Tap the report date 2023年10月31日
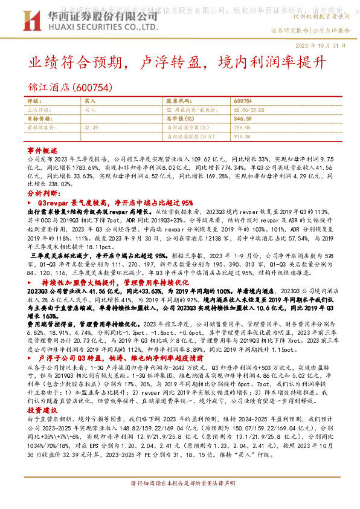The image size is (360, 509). pos(329,45)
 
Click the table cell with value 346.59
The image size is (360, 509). pos(241,119)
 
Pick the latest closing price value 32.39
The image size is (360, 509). pos(91,128)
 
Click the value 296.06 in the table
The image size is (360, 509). pos(241,128)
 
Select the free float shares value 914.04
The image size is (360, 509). pos(241,137)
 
